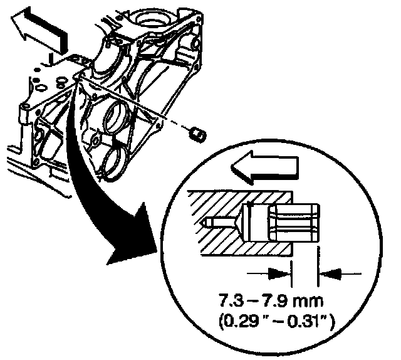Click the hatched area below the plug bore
coord(232,246)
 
